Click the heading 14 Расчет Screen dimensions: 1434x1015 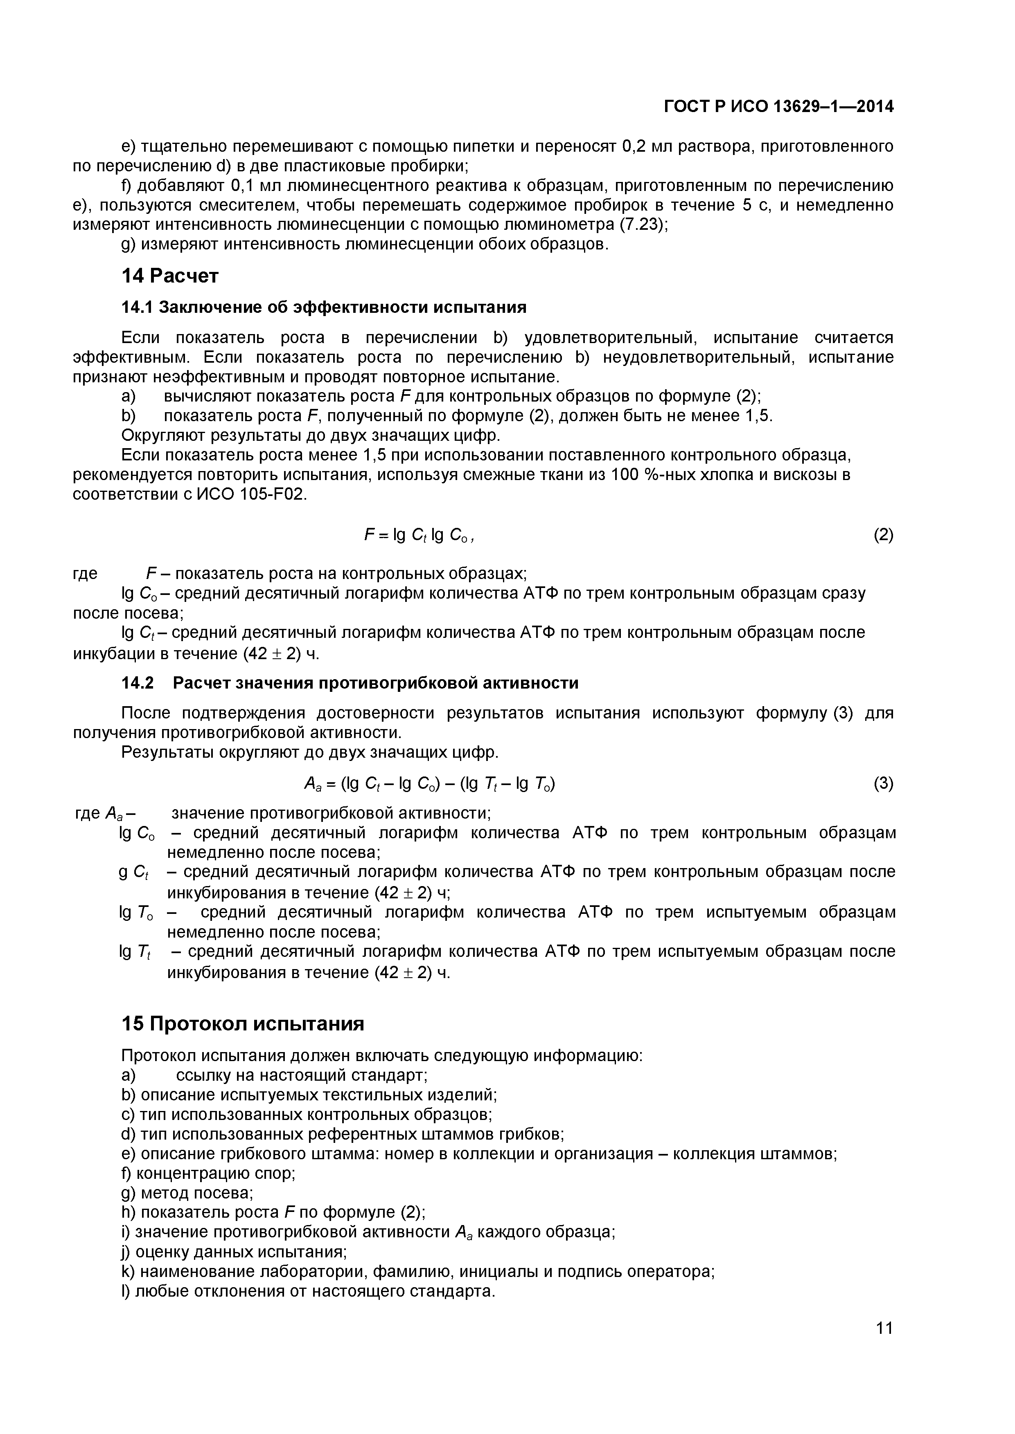click(169, 276)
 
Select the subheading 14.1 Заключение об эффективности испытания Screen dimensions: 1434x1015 click(323, 307)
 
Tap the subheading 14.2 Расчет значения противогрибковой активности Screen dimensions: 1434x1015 click(350, 683)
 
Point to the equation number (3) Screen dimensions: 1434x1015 click(883, 783)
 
